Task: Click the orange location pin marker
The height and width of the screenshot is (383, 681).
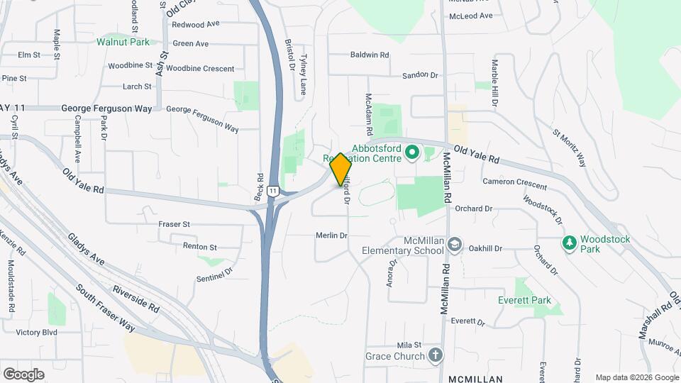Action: pyautogui.click(x=340, y=170)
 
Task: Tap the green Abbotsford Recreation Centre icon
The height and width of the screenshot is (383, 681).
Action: pyautogui.click(x=410, y=152)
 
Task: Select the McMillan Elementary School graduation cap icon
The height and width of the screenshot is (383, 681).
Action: pyautogui.click(x=454, y=245)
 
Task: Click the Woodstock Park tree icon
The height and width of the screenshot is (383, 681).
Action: pyautogui.click(x=569, y=243)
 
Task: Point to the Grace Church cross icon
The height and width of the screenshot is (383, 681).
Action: pyautogui.click(x=436, y=355)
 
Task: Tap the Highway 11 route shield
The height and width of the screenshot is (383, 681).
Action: pyautogui.click(x=273, y=191)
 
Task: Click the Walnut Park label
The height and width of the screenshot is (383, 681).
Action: pyautogui.click(x=123, y=42)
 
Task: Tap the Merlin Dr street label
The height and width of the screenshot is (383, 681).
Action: pyautogui.click(x=332, y=235)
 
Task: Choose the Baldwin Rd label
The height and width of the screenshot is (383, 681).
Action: pyautogui.click(x=370, y=55)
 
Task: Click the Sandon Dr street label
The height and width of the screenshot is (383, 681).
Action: pyautogui.click(x=421, y=74)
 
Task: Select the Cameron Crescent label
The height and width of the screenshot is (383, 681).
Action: pyautogui.click(x=514, y=184)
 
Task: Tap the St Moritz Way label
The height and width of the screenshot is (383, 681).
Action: pyautogui.click(x=570, y=147)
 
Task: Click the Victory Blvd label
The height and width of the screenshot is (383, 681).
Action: pyautogui.click(x=36, y=332)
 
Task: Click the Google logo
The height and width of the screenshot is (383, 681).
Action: pyautogui.click(x=23, y=374)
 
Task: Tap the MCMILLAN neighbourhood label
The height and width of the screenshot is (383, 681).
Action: pyautogui.click(x=476, y=379)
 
